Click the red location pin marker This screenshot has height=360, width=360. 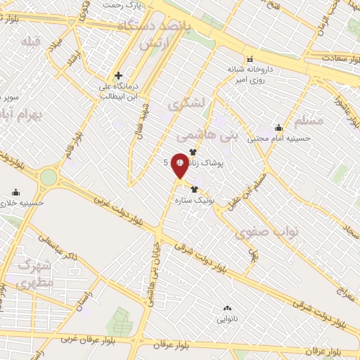(x=179, y=166)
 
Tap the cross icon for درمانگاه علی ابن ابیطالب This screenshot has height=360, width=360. (x=118, y=75)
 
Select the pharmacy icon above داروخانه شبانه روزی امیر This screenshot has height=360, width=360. (x=249, y=58)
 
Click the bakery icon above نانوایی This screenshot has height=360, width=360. (x=226, y=308)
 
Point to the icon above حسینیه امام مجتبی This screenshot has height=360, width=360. (x=278, y=127)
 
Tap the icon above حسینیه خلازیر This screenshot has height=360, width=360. (x=16, y=191)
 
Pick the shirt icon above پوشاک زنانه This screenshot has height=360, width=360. (x=192, y=151)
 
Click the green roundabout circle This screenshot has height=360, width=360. (x=48, y=177)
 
